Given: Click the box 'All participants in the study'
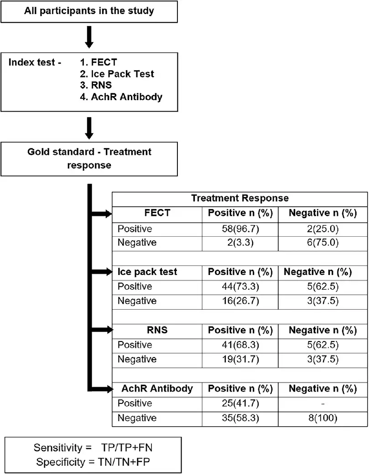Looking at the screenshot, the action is (x=89, y=11).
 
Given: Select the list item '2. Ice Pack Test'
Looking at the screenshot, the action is (x=117, y=74).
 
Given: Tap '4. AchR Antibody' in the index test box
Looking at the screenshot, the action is (x=121, y=97).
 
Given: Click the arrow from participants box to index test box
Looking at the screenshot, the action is (x=89, y=37).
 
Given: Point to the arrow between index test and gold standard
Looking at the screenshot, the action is (x=89, y=128).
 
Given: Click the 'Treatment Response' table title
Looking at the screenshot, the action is (x=240, y=199).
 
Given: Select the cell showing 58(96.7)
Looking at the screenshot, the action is (x=240, y=229).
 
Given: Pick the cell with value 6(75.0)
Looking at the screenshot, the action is (x=322, y=242).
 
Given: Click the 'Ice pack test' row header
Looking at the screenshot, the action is (x=147, y=272).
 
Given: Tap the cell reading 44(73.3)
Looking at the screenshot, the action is (x=240, y=286).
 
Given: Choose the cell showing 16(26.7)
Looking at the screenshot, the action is (x=240, y=301).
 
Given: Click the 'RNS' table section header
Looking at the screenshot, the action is (x=157, y=330).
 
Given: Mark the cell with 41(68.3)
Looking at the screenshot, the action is (x=240, y=345).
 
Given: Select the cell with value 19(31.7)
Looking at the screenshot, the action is (x=240, y=359).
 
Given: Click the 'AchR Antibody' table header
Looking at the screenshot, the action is (x=157, y=388).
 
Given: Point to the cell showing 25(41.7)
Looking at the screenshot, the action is (x=240, y=403).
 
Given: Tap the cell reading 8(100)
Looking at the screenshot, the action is (x=322, y=418).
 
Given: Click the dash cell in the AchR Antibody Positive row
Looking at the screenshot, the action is (x=322, y=403).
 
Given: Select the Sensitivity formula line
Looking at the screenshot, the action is (x=93, y=448).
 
